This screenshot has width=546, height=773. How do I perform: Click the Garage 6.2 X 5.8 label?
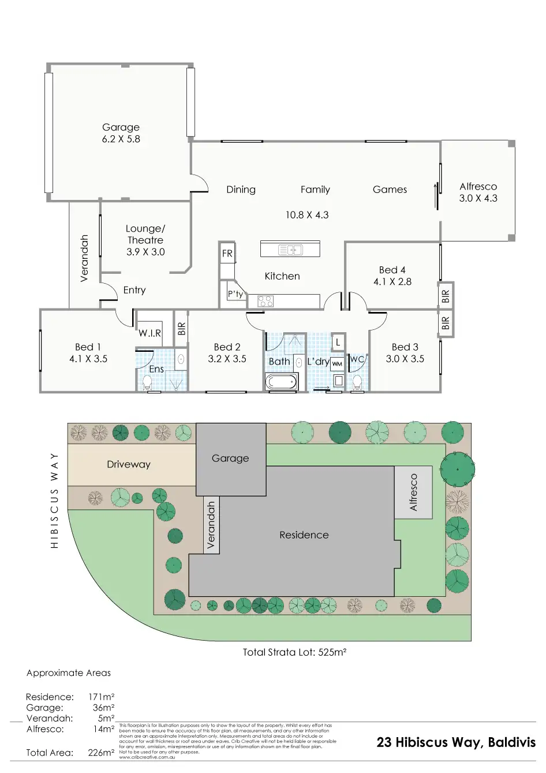(x=121, y=133)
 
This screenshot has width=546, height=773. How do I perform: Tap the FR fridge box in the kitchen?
(x=227, y=253)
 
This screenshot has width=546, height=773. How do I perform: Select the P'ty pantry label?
(x=235, y=294)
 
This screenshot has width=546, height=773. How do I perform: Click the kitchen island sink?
(x=290, y=250)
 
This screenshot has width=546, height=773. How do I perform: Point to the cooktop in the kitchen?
(x=265, y=301)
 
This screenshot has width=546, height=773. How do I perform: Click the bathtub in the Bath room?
(x=281, y=381)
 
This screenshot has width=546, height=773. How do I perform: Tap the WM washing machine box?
(x=337, y=364)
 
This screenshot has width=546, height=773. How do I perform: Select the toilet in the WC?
(x=357, y=382)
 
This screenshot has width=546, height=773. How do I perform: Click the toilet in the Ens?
(x=147, y=382)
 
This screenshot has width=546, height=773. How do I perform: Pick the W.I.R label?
(x=149, y=333)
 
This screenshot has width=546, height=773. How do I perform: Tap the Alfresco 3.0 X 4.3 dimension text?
(x=478, y=198)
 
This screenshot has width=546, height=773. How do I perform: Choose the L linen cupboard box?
(x=338, y=342)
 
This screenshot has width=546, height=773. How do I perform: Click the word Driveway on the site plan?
(x=128, y=464)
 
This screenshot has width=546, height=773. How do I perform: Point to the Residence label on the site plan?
(x=304, y=535)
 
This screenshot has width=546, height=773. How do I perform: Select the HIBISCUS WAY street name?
(x=55, y=500)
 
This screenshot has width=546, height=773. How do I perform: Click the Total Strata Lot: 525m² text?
(x=294, y=652)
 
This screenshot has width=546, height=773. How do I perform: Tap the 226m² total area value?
(x=101, y=753)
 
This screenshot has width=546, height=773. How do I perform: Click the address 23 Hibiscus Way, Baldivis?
(x=456, y=742)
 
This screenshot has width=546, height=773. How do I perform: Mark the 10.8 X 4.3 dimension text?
(x=307, y=215)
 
